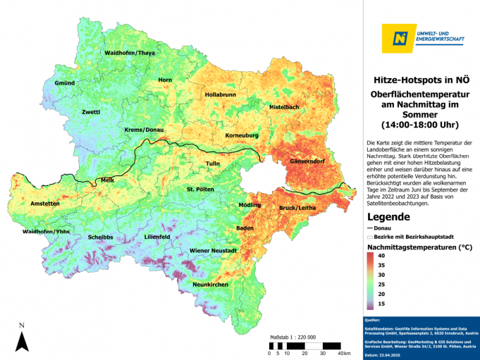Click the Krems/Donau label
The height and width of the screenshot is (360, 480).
(144, 130)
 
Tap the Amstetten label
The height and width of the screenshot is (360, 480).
(45, 203)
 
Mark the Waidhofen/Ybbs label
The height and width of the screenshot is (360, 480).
(46, 231)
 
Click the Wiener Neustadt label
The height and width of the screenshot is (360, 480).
(213, 251)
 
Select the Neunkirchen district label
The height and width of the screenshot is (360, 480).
(210, 284)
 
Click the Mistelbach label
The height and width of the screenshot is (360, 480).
(284, 106)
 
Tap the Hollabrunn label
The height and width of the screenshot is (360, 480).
(220, 94)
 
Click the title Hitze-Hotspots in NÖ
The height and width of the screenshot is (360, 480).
(419, 80)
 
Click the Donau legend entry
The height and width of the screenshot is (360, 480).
(381, 228)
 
